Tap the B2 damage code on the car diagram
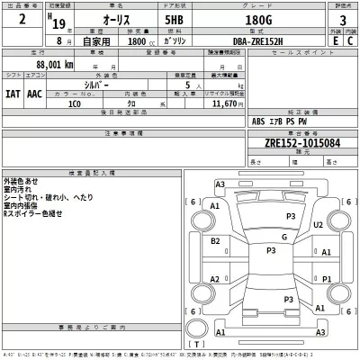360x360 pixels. [215, 240]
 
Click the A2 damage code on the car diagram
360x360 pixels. [215, 279]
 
